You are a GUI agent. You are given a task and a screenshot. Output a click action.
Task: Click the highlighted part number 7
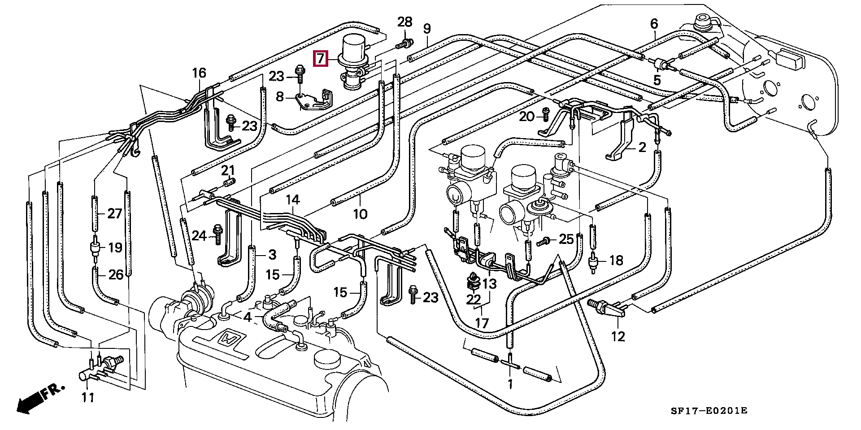coord(320,59)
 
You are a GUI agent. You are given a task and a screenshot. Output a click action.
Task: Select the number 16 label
coord(199,73)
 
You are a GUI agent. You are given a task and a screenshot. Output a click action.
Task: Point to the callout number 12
coord(618,336)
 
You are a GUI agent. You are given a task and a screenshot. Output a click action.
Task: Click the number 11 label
coord(88,397)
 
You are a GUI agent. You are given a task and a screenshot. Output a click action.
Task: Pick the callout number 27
coord(114,213)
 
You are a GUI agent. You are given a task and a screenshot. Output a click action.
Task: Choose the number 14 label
coord(293,200)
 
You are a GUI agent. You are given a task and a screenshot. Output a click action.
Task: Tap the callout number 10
coord(360,213)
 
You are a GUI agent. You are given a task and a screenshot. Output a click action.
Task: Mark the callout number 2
coord(642,147)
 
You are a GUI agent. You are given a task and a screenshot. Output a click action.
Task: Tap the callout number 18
coord(617,260)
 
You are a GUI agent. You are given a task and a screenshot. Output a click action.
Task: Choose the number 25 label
coord(566,239)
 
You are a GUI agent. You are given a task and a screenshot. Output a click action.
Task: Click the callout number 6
coord(654,23)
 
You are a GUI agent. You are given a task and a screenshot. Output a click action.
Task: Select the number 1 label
coord(510,384)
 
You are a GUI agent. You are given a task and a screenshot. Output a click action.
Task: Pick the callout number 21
coord(228,170)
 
